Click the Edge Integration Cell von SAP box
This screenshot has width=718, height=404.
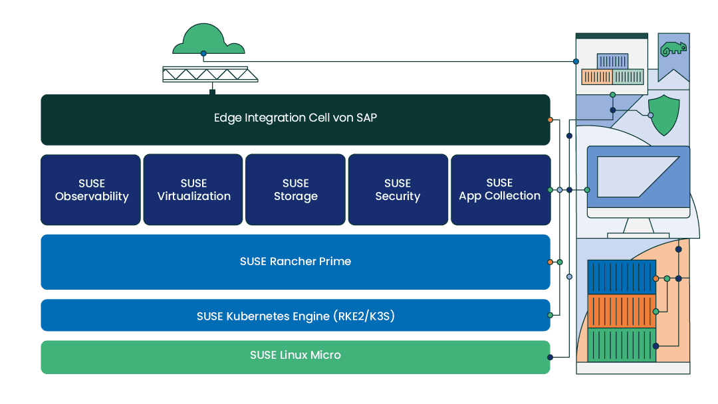295,119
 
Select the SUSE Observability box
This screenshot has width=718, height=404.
91,190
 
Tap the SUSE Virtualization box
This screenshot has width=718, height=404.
193,190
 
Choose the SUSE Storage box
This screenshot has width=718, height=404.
295,190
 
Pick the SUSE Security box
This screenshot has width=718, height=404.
398,190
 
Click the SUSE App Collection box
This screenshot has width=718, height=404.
500,190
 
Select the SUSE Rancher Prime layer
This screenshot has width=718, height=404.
295,262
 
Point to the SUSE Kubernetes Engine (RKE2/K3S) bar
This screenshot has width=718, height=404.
295,316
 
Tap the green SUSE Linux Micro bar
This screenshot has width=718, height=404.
295,355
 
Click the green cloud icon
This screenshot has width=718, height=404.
208,41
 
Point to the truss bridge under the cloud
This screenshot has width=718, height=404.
205,74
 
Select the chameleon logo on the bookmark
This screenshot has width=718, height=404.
672,49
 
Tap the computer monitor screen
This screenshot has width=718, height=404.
638,176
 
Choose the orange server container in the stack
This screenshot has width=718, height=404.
622,311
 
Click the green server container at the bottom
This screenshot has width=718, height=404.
622,345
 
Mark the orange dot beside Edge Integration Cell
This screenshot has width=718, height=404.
550,120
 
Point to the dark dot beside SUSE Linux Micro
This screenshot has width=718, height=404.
550,357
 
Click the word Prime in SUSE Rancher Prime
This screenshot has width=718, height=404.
335,262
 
